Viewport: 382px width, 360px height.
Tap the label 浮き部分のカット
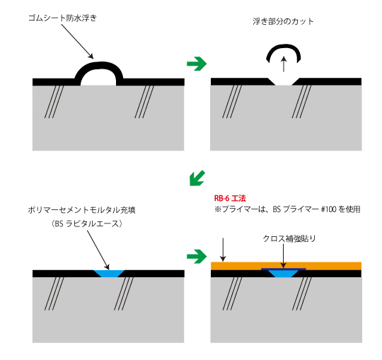tap(282, 22)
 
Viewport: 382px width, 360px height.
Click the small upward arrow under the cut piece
tap(283, 65)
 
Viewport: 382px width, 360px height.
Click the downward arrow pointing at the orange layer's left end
tap(223, 250)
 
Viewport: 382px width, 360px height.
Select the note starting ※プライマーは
tap(287, 210)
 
